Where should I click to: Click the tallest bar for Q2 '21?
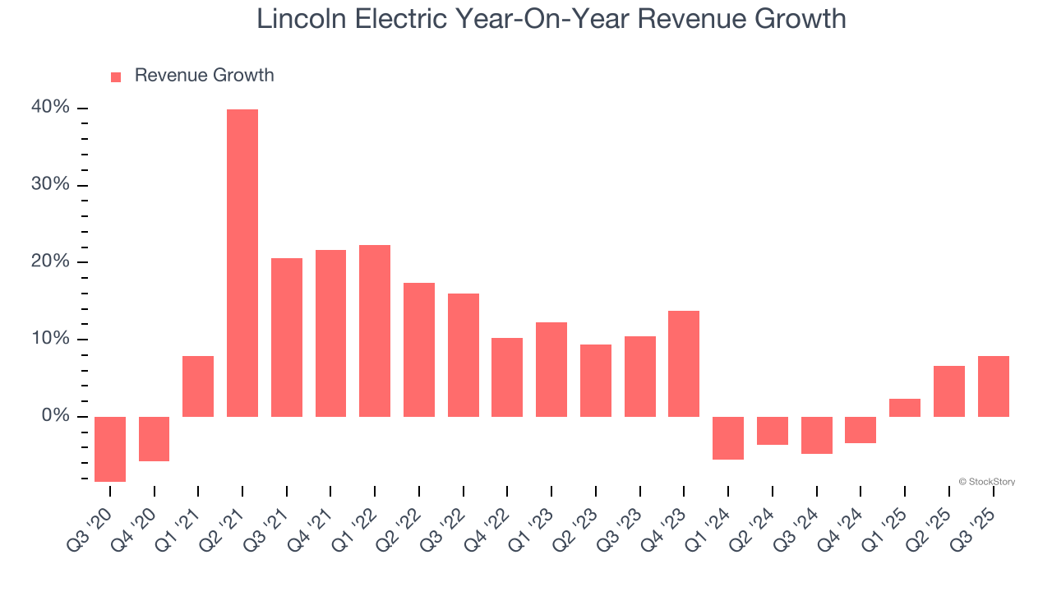pyautogui.click(x=242, y=263)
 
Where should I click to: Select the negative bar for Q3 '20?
pyautogui.click(x=110, y=449)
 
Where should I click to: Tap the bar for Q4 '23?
pyautogui.click(x=684, y=363)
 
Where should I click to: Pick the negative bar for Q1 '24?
pyautogui.click(x=728, y=437)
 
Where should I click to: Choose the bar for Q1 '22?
pyautogui.click(x=375, y=331)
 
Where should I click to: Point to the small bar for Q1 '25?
pyautogui.click(x=905, y=408)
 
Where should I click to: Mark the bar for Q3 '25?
pyautogui.click(x=993, y=386)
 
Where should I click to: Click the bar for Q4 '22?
pyautogui.click(x=507, y=377)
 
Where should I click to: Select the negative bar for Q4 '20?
pyautogui.click(x=155, y=439)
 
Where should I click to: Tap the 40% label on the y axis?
pyautogui.click(x=51, y=108)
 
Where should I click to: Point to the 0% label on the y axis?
pyautogui.click(x=55, y=416)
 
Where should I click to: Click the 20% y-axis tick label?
pyautogui.click(x=51, y=261)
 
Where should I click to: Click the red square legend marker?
pyautogui.click(x=116, y=76)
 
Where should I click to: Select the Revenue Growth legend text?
pyautogui.click(x=204, y=76)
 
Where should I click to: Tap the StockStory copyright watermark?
pyautogui.click(x=986, y=482)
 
